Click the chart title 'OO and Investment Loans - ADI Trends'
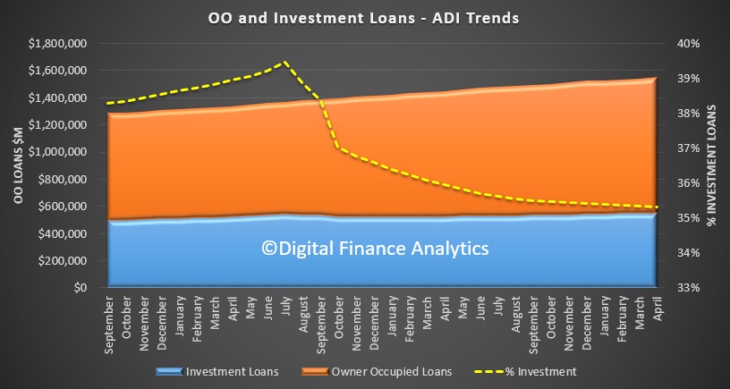[363, 18]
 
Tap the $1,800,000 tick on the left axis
[58, 44]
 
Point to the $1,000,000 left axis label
[58, 152]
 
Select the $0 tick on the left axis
[81, 288]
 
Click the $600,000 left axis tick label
[62, 207]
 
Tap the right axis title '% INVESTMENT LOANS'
[711, 165]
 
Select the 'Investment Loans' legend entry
[217, 372]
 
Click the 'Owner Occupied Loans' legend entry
[377, 372]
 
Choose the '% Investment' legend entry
[525, 372]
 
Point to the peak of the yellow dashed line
[284, 62]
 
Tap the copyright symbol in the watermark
[269, 249]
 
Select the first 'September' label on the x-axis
[109, 322]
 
